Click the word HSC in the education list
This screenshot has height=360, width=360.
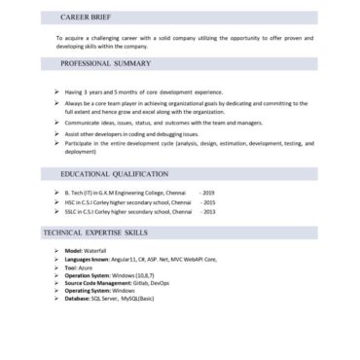click(69, 202)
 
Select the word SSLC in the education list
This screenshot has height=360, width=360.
click(70, 211)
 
